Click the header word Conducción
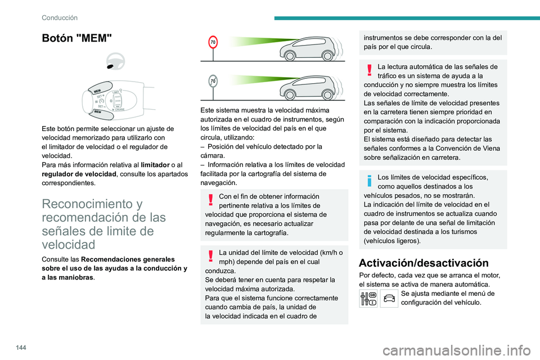[59, 17]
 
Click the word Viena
[488, 149]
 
